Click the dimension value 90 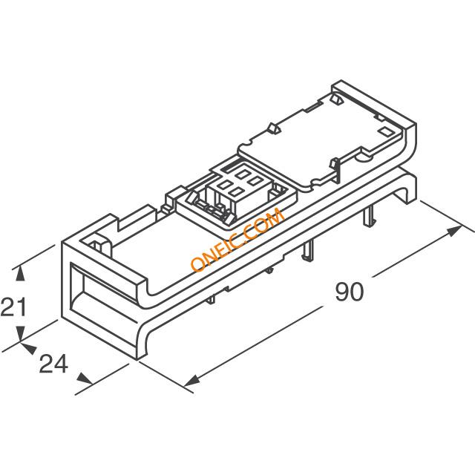pos(349,292)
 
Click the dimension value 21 pos(13,307)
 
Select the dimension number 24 pos(53,364)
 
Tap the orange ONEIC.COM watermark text pos(237,240)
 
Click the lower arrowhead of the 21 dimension pos(20,334)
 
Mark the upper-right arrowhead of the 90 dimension pos(454,231)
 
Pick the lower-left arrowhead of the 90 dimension pos(191,380)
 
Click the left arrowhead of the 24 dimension pos(29,348)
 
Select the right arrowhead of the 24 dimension pos(85,379)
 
